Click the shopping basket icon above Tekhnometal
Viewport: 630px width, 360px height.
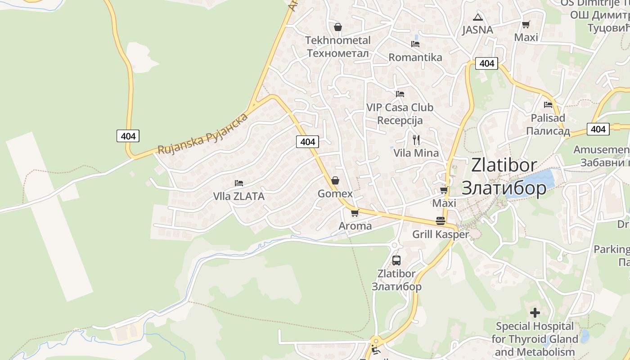coord(338,27)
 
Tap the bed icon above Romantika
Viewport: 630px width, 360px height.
coord(415,44)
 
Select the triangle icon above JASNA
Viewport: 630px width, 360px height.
coord(477,18)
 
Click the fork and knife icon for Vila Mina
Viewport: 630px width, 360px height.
coord(416,140)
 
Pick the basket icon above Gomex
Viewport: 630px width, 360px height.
coord(335,181)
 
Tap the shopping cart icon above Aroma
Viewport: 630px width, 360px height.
coord(355,213)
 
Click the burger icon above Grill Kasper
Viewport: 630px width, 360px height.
coord(441,221)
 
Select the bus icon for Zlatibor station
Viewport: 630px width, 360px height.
coord(396,260)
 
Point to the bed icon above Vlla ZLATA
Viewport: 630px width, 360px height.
coord(239,183)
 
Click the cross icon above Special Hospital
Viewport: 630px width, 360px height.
coord(535,312)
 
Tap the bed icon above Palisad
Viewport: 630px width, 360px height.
coord(548,105)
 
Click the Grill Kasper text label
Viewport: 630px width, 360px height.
coord(441,234)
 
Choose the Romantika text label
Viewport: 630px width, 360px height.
coord(415,58)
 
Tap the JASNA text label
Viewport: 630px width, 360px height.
coord(477,30)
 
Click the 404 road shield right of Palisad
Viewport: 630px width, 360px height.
coord(598,129)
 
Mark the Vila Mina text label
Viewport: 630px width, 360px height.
coord(416,153)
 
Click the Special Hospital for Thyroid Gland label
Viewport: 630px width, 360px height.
coord(535,339)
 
